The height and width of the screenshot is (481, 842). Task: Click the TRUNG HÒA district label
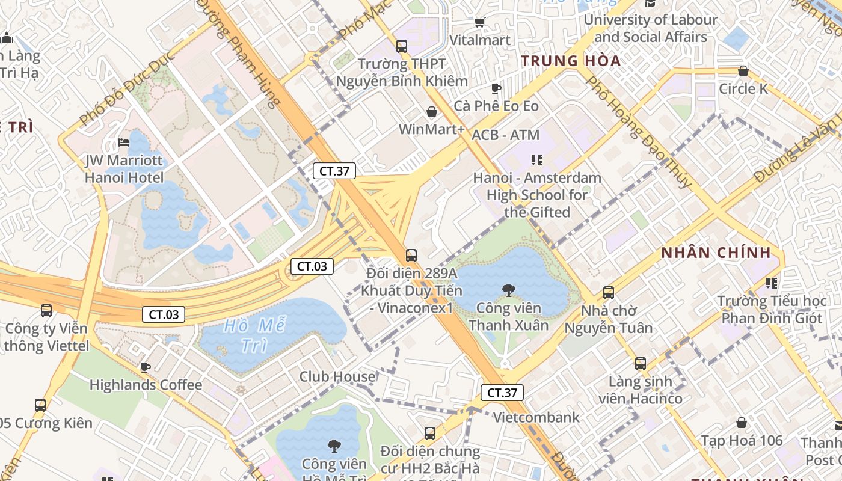(x=571, y=61)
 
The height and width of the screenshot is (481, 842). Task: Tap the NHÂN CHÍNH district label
(x=716, y=253)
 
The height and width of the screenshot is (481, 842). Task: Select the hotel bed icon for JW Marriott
(x=124, y=142)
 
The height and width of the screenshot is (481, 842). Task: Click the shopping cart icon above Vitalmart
(x=479, y=22)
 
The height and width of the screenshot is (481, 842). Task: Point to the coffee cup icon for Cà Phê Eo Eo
(x=496, y=88)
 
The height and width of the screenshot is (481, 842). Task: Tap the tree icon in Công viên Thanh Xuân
(x=508, y=290)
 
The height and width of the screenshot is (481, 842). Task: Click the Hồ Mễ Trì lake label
(x=254, y=335)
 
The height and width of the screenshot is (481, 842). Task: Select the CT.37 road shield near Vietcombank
(x=502, y=393)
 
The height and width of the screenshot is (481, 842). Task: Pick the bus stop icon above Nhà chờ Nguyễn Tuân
(x=609, y=293)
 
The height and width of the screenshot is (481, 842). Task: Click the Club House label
(x=337, y=377)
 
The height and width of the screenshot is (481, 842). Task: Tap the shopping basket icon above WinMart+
(x=431, y=112)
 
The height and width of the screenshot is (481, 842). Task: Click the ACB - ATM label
(x=506, y=135)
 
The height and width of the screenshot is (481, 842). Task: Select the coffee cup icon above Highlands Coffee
(x=145, y=367)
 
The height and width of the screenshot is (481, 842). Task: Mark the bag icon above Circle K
(x=743, y=71)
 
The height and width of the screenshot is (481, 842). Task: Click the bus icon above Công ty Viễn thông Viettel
(x=46, y=311)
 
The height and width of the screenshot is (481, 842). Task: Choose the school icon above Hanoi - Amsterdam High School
(x=536, y=160)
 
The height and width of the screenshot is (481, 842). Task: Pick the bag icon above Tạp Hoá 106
(x=741, y=423)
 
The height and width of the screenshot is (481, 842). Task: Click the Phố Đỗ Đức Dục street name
(x=126, y=88)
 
